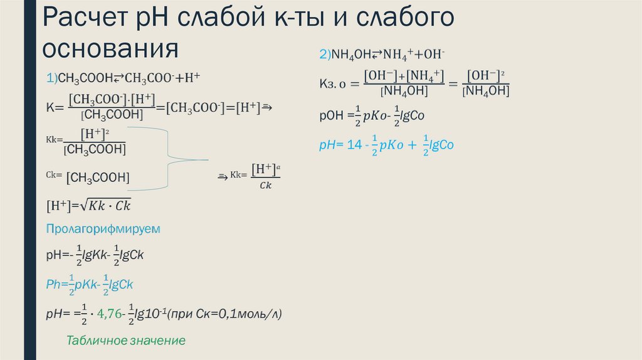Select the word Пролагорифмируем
coord(103,229)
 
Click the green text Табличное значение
coord(126,341)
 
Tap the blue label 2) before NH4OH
coord(325,55)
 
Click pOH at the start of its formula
coord(331,116)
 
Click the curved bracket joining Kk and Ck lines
coord(169,158)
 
